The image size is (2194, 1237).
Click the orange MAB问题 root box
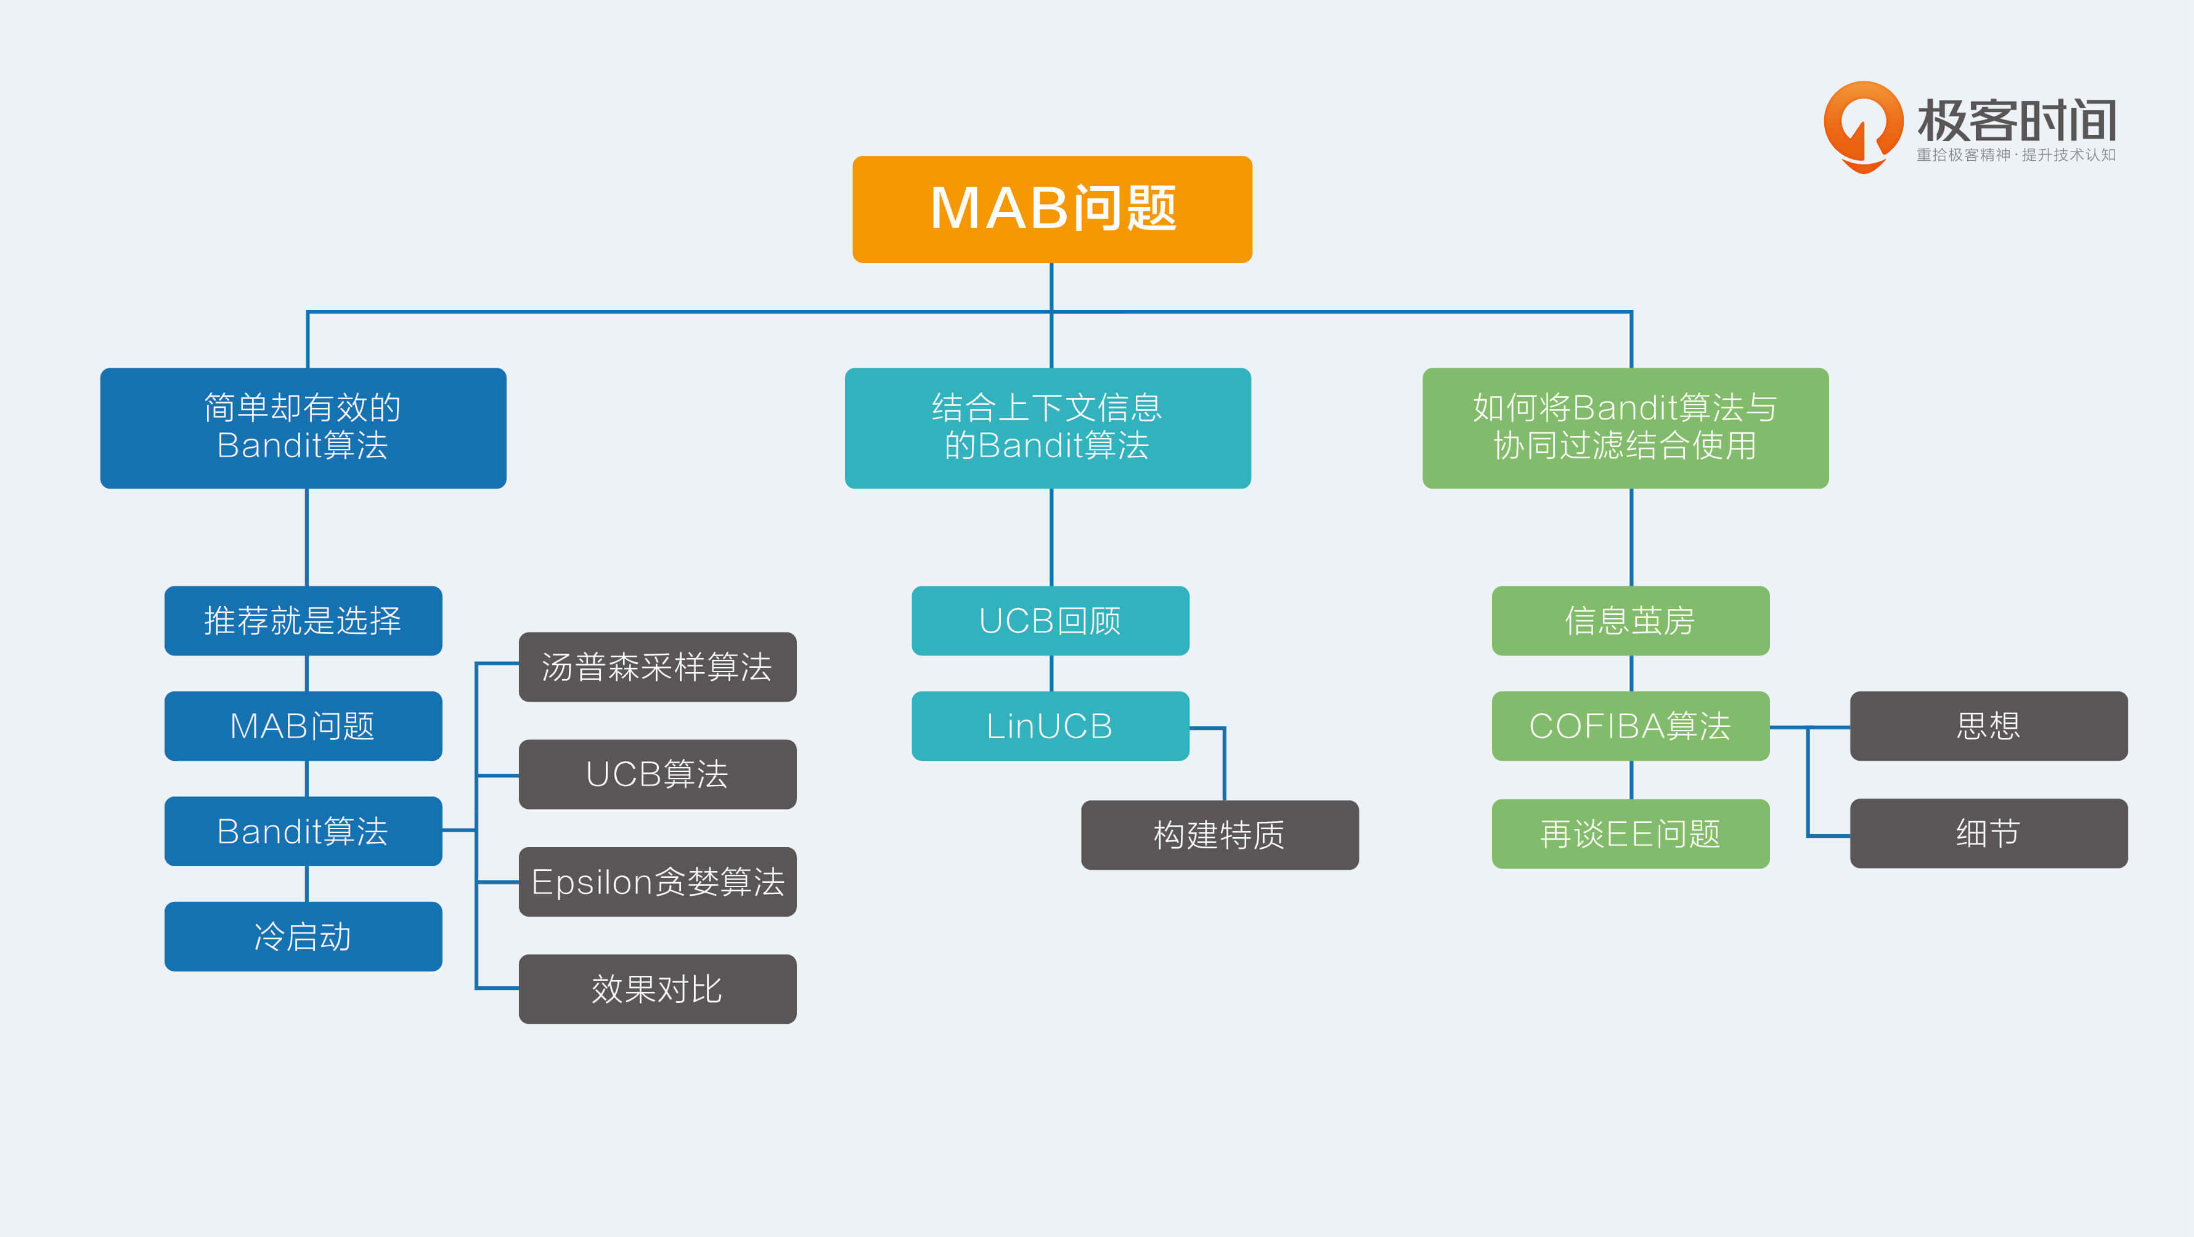(1052, 209)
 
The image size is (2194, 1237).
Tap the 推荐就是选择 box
(303, 620)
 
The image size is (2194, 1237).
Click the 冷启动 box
(303, 936)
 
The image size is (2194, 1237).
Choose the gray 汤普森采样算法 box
(658, 667)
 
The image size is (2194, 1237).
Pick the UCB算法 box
(658, 774)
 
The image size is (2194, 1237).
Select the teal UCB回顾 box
(1050, 620)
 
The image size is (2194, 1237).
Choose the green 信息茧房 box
(1630, 620)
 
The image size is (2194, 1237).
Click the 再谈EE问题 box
(1630, 834)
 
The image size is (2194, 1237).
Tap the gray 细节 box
(1989, 833)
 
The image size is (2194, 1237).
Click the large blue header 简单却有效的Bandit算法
(303, 428)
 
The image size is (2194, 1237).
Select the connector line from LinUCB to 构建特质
(1224, 762)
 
